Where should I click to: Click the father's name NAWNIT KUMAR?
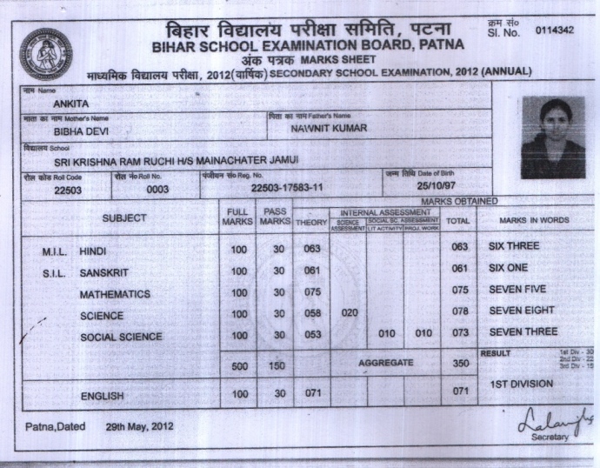tap(330, 129)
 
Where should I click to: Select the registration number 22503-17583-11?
tap(286, 187)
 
